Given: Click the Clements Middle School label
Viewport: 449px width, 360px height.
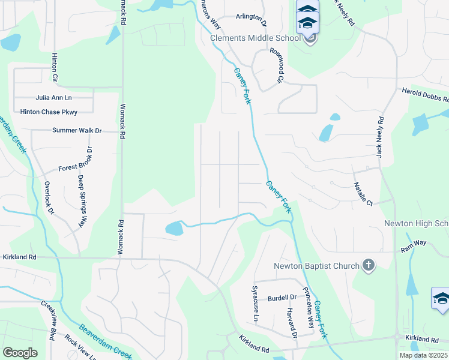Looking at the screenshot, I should tap(255, 38).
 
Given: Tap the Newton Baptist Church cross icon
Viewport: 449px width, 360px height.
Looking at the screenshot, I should tap(369, 265).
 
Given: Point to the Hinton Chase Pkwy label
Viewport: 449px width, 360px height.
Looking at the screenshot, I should tap(49, 112).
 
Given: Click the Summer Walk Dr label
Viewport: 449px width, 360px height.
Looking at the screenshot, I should tap(77, 130).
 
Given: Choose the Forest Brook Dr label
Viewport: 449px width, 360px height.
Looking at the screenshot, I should tap(74, 160).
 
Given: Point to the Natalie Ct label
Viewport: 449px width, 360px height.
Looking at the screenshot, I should tap(364, 194).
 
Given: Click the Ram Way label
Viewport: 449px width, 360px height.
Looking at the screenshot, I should tap(414, 243).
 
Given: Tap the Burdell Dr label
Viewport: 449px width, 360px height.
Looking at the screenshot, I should tap(282, 298).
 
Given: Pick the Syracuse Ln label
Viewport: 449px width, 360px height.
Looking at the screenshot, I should tap(256, 303).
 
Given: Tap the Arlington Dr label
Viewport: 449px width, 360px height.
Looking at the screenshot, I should tap(251, 17).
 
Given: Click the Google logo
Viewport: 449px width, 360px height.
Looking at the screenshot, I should tap(20, 353).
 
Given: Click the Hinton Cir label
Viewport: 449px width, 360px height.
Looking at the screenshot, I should tap(55, 67).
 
